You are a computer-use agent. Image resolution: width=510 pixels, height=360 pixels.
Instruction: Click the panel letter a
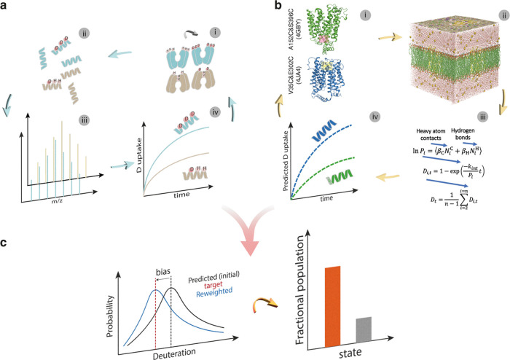(7, 7)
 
